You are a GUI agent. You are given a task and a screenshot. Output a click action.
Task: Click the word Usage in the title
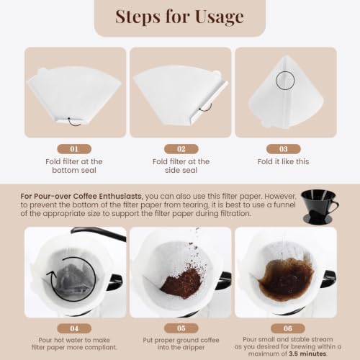(220, 17)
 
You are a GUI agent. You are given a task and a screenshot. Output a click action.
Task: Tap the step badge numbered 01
(74, 149)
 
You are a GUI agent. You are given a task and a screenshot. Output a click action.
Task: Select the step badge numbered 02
(181, 149)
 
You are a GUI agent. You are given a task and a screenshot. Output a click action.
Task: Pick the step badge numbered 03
(284, 149)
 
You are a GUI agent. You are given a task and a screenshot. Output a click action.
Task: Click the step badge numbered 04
(74, 328)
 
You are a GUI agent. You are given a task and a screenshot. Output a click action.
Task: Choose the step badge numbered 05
(181, 328)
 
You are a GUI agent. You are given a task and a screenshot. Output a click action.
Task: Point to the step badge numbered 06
(288, 328)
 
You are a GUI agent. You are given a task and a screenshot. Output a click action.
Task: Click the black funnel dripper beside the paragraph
(319, 207)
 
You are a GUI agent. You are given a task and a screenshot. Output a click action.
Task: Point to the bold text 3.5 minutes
(307, 354)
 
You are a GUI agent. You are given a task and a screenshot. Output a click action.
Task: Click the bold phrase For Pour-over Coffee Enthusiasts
(81, 197)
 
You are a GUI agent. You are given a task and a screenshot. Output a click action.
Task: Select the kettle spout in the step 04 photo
(99, 233)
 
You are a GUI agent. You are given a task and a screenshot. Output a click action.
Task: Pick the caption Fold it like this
(284, 161)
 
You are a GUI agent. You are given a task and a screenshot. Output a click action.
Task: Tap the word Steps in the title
(138, 17)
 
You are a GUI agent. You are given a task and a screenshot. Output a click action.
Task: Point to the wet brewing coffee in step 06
(287, 279)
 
